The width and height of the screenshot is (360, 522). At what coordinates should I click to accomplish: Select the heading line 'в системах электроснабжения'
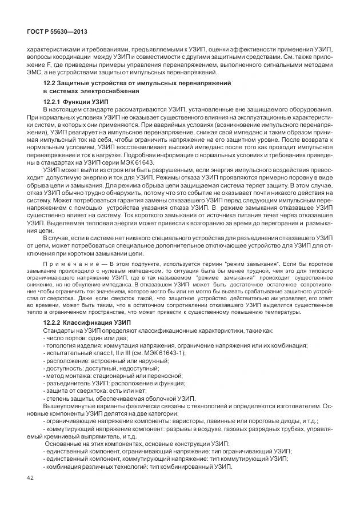(x=91, y=91)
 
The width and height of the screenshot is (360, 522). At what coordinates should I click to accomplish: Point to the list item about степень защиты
(x=119, y=399)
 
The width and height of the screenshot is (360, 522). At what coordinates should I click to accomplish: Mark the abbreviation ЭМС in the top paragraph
(x=35, y=72)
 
